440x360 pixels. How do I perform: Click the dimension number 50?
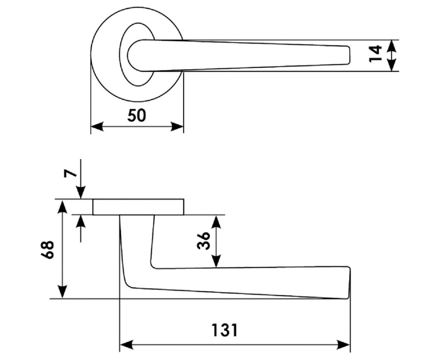(137, 115)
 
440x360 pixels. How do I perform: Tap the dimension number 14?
(375, 54)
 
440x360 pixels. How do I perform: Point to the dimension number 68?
(47, 250)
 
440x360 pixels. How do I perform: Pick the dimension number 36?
(203, 241)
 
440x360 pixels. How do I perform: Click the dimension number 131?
(224, 330)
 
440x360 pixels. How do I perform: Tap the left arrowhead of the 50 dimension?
(97, 127)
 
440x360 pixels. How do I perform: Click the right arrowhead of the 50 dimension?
(177, 127)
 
